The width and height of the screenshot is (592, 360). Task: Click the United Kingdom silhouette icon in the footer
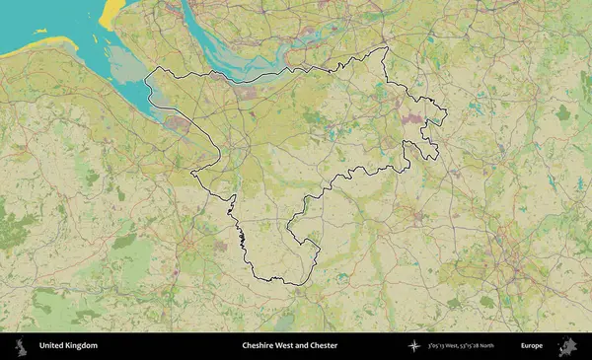(20, 346)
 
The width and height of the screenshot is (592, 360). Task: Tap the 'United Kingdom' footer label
(68, 346)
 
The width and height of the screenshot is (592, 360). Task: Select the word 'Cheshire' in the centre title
(259, 346)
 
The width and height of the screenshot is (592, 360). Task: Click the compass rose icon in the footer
(414, 346)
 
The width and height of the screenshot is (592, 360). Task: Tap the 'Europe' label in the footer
(532, 346)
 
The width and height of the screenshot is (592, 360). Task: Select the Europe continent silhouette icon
(567, 346)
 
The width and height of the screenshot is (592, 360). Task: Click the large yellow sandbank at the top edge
(110, 10)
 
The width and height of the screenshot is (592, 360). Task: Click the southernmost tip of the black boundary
(296, 284)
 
